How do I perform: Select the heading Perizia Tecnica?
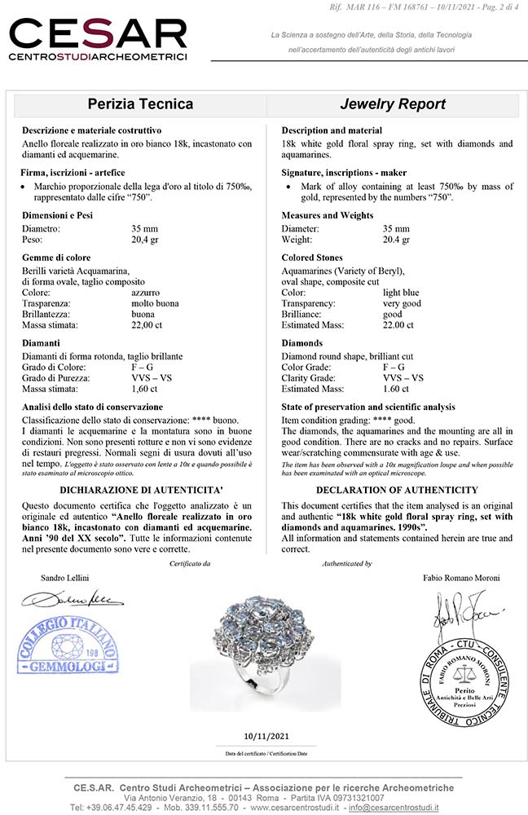point(140,104)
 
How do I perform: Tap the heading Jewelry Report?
point(393,104)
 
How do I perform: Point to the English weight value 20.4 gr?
point(398,240)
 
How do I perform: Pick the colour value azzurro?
point(146,292)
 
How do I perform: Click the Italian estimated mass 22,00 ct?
point(148,325)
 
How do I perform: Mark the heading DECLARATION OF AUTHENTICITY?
point(397,490)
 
